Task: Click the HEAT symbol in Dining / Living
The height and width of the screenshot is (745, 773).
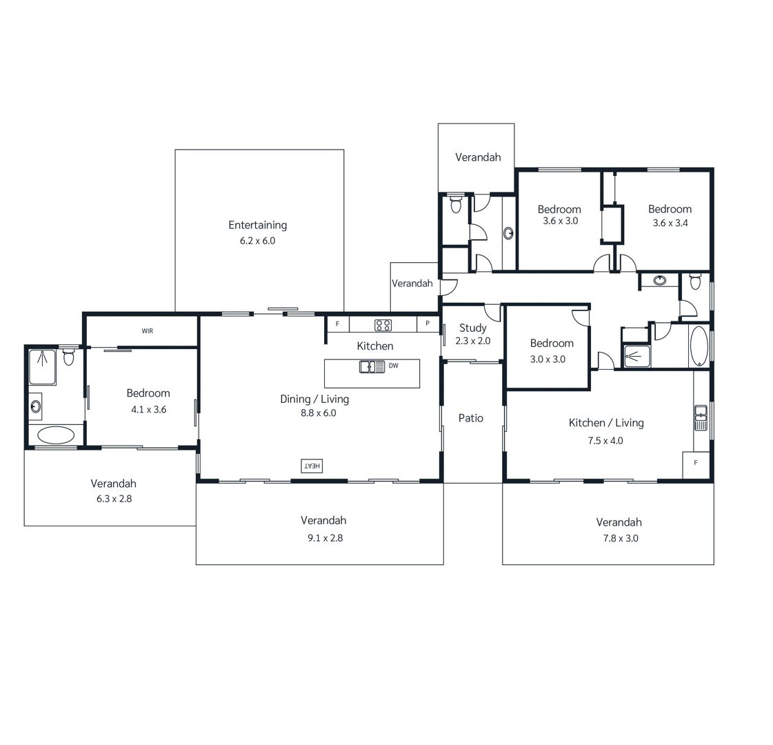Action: point(312,466)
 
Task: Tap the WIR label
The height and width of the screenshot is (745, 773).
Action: point(148,331)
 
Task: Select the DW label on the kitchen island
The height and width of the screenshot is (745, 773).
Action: point(394,366)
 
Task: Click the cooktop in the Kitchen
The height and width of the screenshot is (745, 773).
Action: point(383,325)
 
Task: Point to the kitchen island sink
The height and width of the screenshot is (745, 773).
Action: point(372,367)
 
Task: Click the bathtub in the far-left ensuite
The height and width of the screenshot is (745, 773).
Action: point(57,435)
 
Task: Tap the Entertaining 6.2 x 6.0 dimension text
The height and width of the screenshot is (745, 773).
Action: point(257,241)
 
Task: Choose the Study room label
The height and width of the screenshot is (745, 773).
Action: point(473,328)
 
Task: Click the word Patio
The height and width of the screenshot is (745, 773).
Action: point(471,418)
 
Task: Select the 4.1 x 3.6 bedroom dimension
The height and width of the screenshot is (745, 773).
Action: point(148,410)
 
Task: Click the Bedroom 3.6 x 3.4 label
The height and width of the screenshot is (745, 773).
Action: point(670,215)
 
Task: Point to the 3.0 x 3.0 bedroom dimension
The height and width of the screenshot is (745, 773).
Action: point(548,359)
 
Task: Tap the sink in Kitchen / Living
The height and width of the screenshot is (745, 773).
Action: point(701,417)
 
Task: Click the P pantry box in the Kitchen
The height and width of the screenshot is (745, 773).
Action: point(428,324)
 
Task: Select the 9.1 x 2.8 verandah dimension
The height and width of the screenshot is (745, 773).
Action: point(325,539)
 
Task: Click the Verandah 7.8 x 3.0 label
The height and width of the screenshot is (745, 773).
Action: point(619,530)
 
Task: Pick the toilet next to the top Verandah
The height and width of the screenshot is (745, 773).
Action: point(456,204)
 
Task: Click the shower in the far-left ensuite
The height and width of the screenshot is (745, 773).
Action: point(42,367)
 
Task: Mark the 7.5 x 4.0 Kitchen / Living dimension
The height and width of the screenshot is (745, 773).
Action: point(605,441)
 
